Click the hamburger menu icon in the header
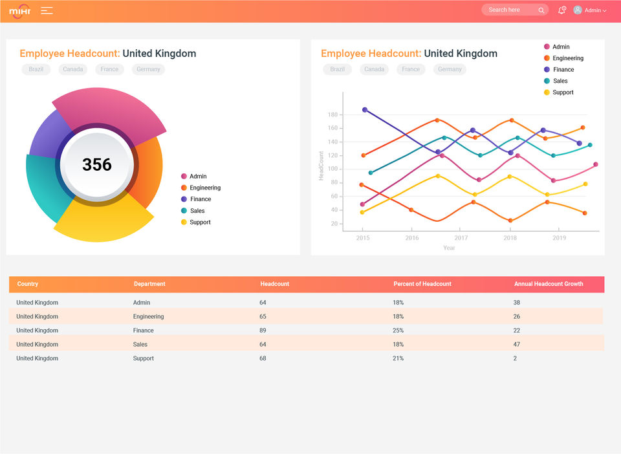click(47, 11)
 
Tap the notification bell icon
click(561, 10)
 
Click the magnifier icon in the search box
click(541, 10)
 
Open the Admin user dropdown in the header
click(590, 10)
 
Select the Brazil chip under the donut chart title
click(36, 69)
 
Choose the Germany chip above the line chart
click(450, 69)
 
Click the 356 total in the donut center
click(97, 165)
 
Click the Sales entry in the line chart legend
click(556, 81)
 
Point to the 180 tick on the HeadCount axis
click(332, 114)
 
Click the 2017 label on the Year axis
click(461, 238)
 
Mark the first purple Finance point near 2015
click(365, 110)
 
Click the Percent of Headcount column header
click(422, 284)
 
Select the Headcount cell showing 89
click(263, 330)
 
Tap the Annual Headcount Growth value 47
click(516, 344)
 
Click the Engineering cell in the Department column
click(148, 317)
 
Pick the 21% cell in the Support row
click(398, 358)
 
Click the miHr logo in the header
click(20, 11)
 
